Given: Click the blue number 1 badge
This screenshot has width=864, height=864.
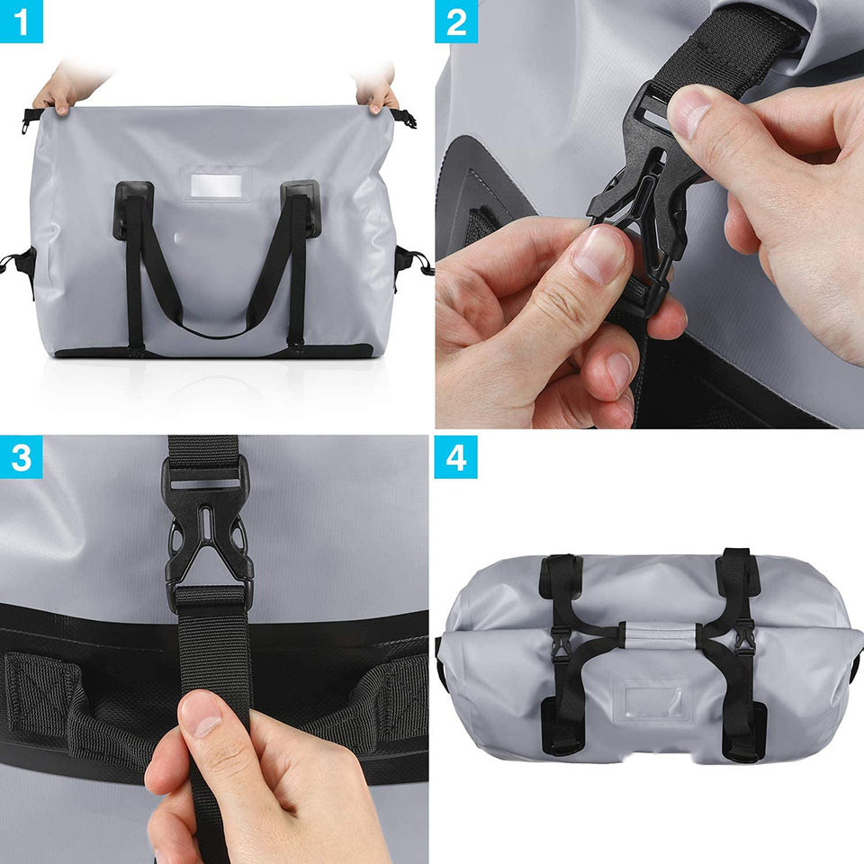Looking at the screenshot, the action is point(21,22).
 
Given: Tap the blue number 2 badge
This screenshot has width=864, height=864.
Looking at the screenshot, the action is point(456,22).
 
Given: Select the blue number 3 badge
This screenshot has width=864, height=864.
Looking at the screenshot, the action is point(21,457).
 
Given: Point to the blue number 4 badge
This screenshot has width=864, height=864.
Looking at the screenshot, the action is point(456,457).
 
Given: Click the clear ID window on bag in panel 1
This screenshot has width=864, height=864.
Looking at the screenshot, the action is point(216,185).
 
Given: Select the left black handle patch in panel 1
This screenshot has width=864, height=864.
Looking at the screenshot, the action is point(133,211).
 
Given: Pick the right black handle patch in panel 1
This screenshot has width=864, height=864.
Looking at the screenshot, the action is point(300,208).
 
